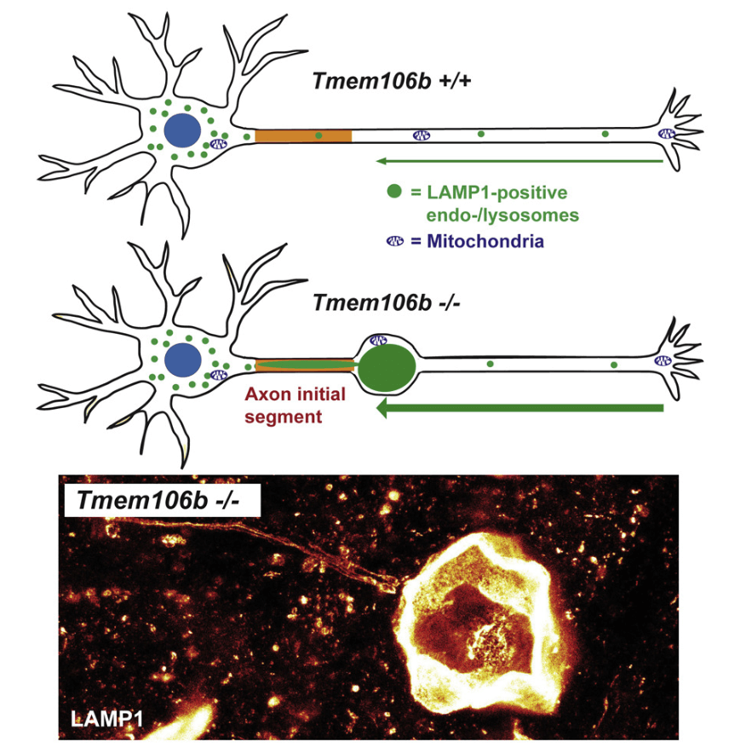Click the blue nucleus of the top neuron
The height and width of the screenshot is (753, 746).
pyautogui.click(x=183, y=131)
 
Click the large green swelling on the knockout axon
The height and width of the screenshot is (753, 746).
pyautogui.click(x=387, y=366)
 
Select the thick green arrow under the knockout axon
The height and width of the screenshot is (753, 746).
pyautogui.click(x=519, y=409)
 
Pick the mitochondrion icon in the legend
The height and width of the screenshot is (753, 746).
pyautogui.click(x=394, y=241)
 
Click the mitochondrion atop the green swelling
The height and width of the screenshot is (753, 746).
pyautogui.click(x=378, y=341)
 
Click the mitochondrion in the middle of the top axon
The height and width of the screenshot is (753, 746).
pyautogui.click(x=422, y=135)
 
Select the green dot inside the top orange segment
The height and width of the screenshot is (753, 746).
pyautogui.click(x=318, y=135)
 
